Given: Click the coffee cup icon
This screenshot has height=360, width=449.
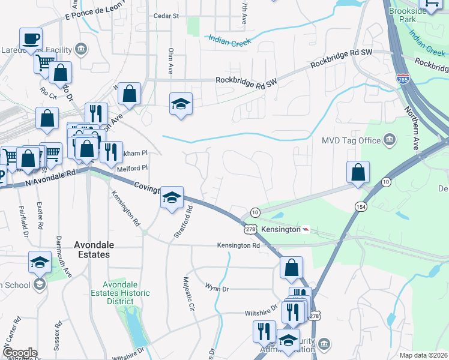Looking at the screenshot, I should click(x=31, y=40).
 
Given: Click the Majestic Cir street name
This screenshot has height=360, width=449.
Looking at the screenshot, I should click(x=189, y=291).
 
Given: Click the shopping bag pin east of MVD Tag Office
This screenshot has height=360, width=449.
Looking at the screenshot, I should click(x=358, y=172).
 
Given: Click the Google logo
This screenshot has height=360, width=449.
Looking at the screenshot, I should click(x=20, y=353).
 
